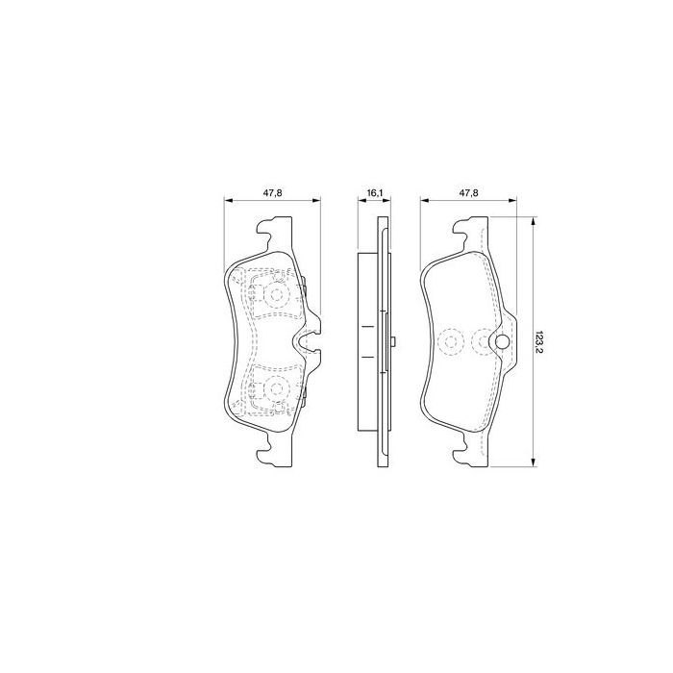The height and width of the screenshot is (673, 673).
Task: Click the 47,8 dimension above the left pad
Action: click(272, 193)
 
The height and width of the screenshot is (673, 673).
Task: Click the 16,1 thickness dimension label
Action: click(375, 193)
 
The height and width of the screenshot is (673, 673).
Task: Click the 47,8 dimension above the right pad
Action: click(468, 193)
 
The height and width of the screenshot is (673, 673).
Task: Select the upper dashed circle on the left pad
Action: click(277, 294)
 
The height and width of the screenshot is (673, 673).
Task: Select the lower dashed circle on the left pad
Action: click(277, 389)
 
